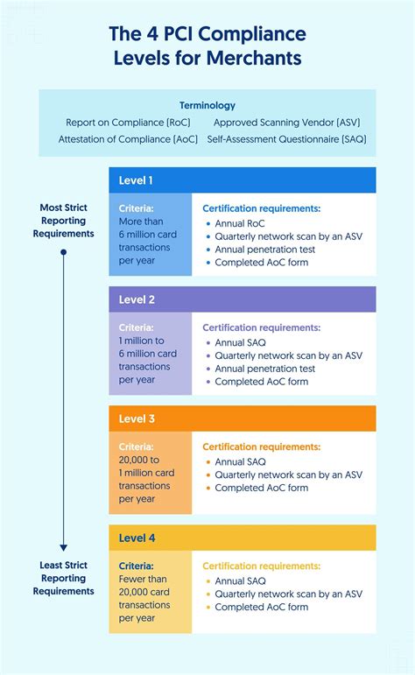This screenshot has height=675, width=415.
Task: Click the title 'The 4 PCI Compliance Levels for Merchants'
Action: pos(207,46)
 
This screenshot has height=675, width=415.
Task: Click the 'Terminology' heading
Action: pos(207,105)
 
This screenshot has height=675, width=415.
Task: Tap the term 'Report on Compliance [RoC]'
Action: pos(128,123)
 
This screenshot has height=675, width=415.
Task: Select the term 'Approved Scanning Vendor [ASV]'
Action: pos(286,123)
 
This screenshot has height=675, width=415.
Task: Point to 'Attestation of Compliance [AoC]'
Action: pos(128,139)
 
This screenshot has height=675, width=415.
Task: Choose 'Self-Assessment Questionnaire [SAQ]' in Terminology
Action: pos(286,139)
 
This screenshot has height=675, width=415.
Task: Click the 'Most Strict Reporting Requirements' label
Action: pos(63,221)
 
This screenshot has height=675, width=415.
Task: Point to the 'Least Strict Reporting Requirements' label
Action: pos(63,578)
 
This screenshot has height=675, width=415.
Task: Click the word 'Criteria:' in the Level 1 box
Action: pos(137,208)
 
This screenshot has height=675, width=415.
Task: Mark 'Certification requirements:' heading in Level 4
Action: pos(262,566)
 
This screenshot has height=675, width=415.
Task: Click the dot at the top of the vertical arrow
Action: pos(63,252)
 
